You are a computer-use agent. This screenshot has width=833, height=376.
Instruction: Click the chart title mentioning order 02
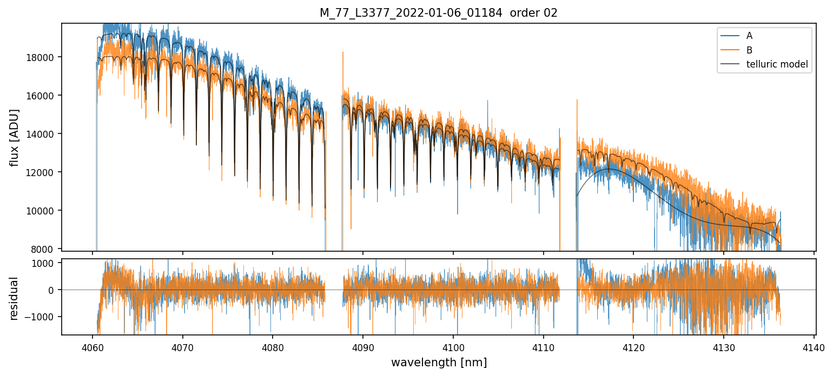(x=438, y=13)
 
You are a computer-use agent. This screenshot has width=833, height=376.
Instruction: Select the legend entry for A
(x=749, y=36)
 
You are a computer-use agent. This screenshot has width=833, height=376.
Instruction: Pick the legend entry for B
(x=749, y=50)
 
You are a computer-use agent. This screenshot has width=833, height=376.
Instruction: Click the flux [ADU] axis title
(x=15, y=137)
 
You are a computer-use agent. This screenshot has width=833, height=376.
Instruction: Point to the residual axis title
(x=15, y=298)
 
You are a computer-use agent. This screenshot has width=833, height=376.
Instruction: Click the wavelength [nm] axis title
(x=438, y=362)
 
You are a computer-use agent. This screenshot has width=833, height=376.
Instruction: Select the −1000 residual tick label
(x=41, y=317)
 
